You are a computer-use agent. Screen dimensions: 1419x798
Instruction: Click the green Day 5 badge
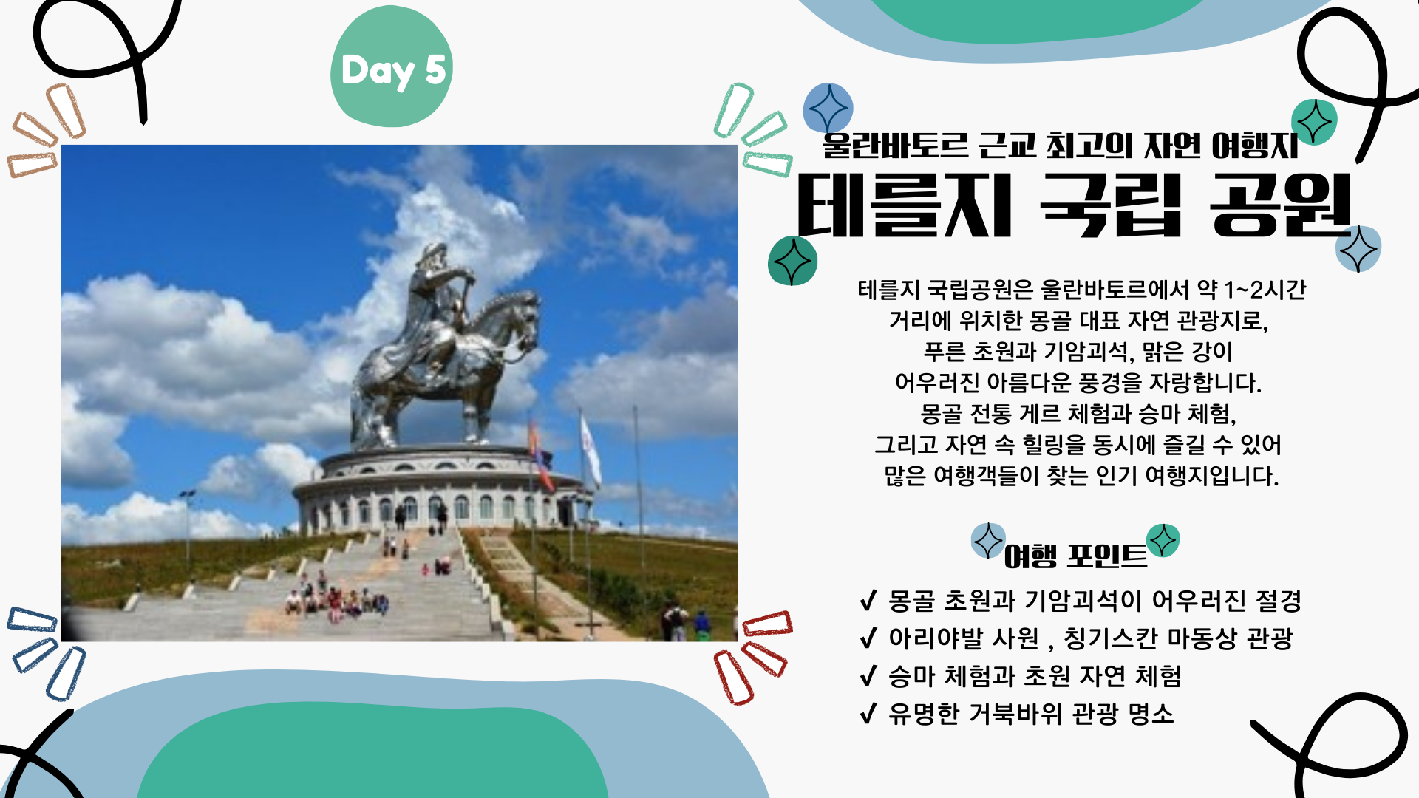point(391,66)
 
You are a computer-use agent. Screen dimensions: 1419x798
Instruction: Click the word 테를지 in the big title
point(904,206)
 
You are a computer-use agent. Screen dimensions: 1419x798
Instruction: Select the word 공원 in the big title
point(1281,206)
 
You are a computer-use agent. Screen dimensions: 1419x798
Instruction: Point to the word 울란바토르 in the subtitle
point(895,145)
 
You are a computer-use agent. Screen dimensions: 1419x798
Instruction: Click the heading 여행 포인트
point(1075,556)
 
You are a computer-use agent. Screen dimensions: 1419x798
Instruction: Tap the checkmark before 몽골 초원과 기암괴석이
point(869,600)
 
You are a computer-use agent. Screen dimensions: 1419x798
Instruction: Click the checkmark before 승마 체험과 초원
point(869,675)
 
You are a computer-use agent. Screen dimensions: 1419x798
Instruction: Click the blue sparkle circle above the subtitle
point(828,108)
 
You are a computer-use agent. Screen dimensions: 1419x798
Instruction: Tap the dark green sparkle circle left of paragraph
point(792,261)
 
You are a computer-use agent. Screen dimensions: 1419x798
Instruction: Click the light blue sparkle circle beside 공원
point(1358,249)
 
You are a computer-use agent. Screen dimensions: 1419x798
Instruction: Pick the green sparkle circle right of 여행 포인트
point(1163,540)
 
